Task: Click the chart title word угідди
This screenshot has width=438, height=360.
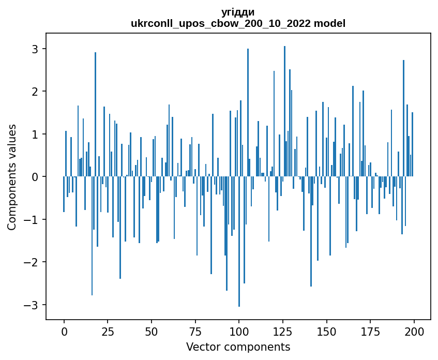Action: tap(238, 12)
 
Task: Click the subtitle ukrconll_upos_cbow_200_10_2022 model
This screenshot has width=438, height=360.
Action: tap(238, 23)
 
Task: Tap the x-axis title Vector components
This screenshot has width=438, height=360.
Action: tap(238, 347)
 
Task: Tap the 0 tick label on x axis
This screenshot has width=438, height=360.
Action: tap(64, 331)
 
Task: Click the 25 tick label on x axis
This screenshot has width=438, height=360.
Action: tap(108, 331)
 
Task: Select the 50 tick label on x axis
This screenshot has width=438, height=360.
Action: tap(152, 331)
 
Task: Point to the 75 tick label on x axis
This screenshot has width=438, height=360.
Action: tap(195, 331)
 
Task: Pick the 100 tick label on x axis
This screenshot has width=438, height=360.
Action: tap(239, 331)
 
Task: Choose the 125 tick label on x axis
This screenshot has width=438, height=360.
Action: tap(282, 331)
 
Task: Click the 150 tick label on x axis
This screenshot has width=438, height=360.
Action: tap(326, 331)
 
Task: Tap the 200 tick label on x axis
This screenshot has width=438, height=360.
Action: tap(414, 331)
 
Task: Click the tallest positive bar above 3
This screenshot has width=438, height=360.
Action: tap(284, 103)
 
